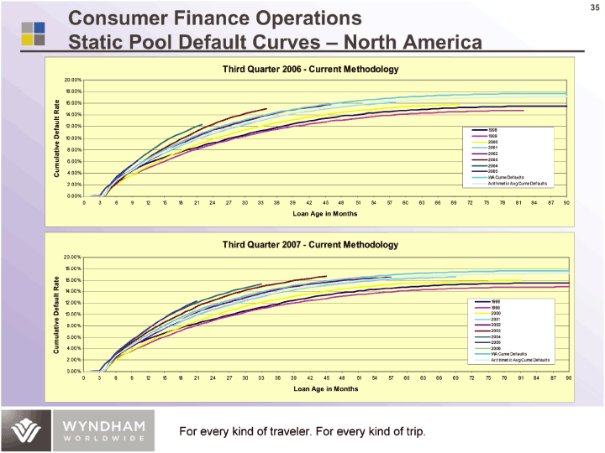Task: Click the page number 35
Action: coord(593,8)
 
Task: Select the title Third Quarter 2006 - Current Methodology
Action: coord(310,69)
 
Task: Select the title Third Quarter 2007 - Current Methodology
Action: coord(310,244)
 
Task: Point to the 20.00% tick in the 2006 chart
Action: coord(71,80)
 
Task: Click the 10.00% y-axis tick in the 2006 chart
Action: coord(71,138)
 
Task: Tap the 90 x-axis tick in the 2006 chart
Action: coord(566,202)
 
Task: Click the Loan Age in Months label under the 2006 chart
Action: coord(325,213)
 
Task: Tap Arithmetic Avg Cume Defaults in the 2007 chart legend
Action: coord(519,360)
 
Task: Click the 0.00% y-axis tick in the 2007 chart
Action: coord(71,371)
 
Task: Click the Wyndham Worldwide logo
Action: coord(83,430)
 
